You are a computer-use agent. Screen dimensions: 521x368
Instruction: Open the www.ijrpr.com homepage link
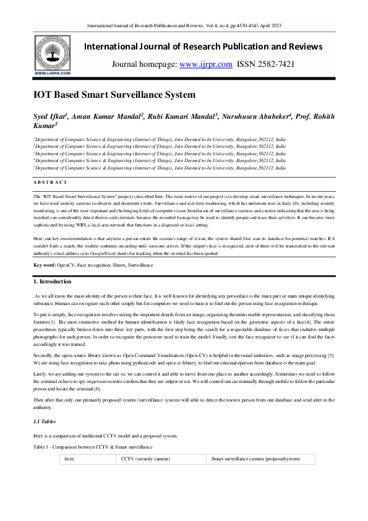point(205,64)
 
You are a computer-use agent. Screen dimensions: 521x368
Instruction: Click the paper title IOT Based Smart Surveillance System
point(114,95)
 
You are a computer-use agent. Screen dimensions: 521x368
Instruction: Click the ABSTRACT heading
point(50,182)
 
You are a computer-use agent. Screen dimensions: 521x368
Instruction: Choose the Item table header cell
point(69,460)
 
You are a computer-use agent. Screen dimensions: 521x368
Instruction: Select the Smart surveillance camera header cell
point(255,460)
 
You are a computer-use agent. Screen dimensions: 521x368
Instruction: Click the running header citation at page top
point(184,25)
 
